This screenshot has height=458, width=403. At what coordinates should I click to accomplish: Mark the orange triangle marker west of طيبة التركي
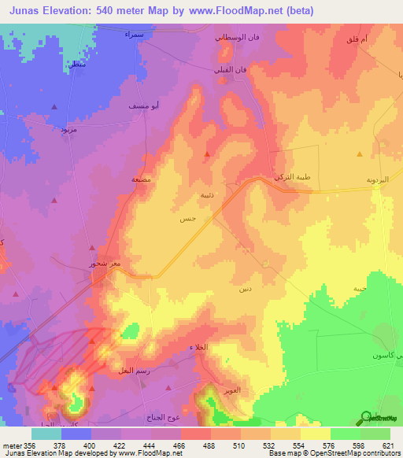pyautogui.click(x=207, y=155)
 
